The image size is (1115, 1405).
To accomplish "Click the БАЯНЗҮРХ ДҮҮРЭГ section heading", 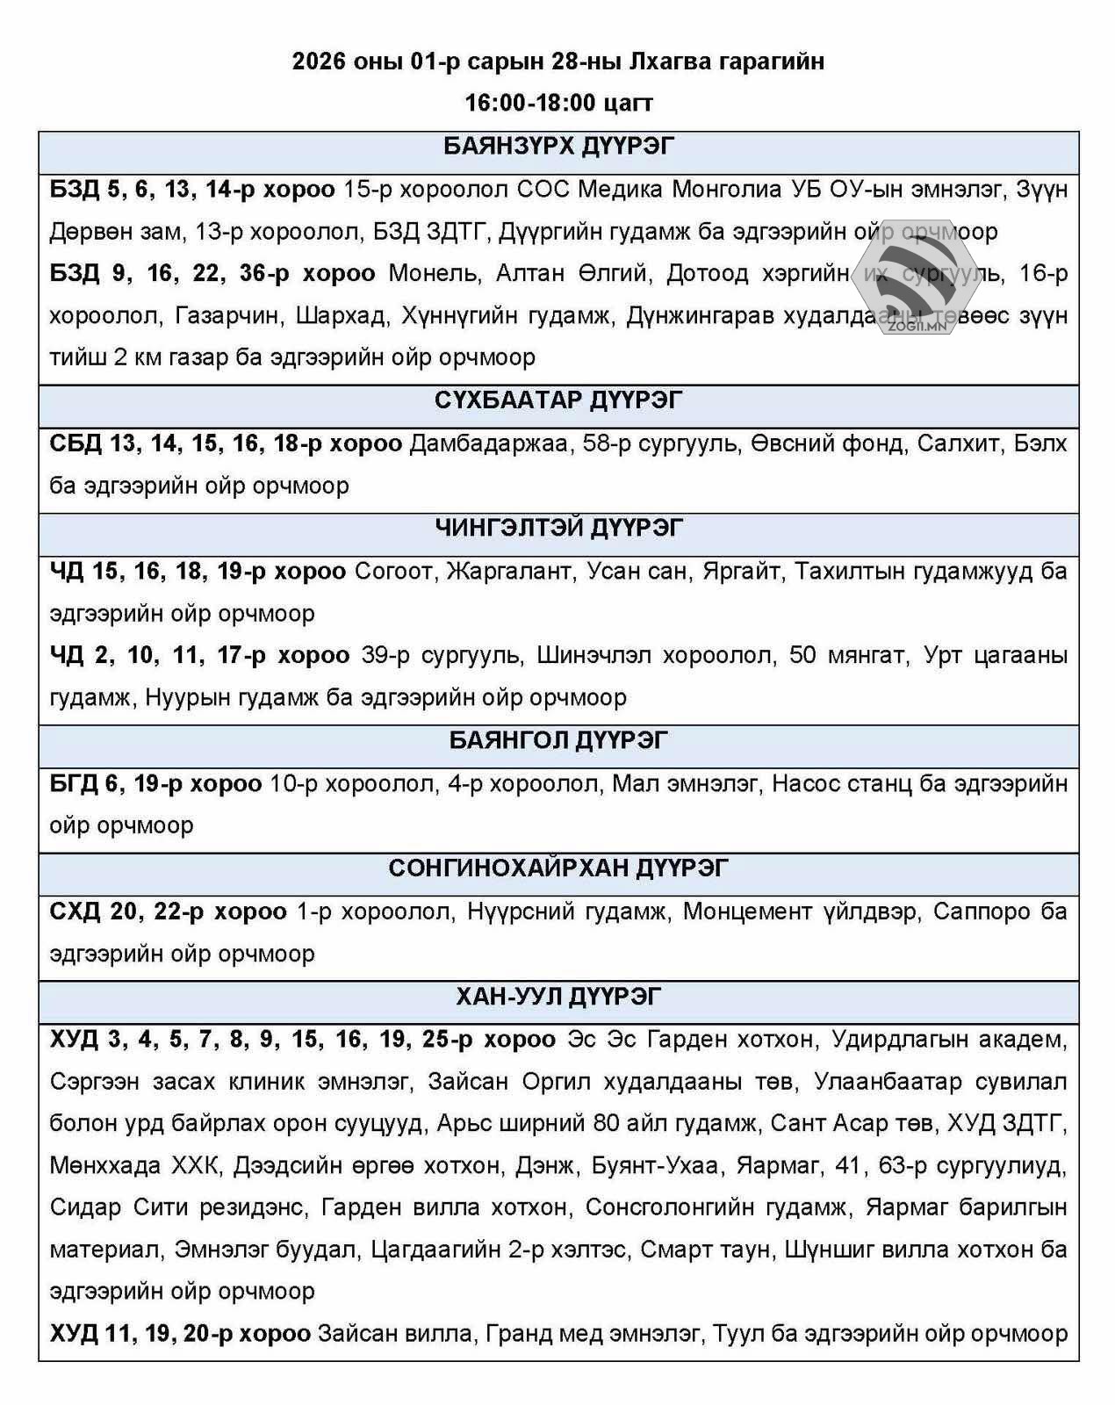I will click(558, 147).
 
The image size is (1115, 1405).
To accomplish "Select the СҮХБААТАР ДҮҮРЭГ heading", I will click(558, 400).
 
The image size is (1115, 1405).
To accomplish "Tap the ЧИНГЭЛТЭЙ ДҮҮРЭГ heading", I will click(558, 529).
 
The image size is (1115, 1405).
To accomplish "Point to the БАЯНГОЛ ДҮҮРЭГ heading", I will click(558, 741).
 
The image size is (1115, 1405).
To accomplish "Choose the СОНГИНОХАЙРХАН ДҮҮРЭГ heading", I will click(558, 869).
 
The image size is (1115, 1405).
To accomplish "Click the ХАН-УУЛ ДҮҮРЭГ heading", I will click(558, 998).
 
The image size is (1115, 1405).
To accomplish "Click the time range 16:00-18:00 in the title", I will click(529, 103).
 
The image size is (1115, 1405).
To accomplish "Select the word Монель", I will click(435, 274).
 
